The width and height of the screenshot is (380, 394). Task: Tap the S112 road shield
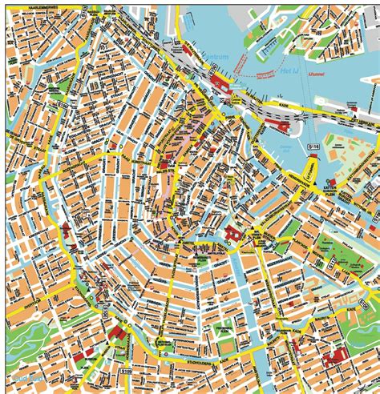tap(328, 262)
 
